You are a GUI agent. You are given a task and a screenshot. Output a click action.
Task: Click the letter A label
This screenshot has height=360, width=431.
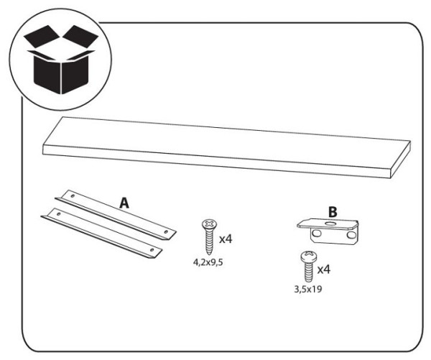[x=124, y=203]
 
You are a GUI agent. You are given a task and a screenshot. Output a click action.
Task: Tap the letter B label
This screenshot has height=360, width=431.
[x=332, y=212]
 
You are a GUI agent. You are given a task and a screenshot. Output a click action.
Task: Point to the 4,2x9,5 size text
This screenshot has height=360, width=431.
[x=208, y=262]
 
